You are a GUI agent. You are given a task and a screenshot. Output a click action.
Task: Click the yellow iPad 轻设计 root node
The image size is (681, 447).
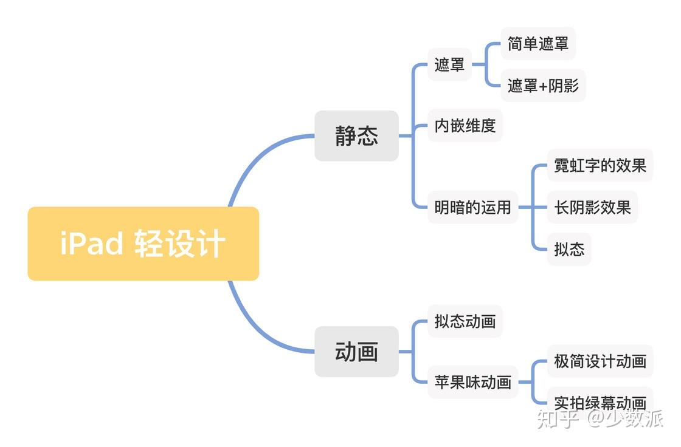click(143, 244)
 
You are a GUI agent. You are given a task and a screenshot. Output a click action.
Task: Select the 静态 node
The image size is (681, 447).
click(356, 136)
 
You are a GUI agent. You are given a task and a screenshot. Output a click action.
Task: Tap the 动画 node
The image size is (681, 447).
click(356, 351)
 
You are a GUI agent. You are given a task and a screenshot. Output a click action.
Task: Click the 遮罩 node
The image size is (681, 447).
click(450, 64)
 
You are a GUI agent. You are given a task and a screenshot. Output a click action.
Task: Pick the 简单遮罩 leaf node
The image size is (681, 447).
click(538, 44)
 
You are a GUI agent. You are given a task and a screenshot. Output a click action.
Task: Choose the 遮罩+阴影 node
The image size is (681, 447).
click(543, 86)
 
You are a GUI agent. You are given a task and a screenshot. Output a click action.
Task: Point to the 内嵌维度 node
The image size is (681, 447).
click(465, 125)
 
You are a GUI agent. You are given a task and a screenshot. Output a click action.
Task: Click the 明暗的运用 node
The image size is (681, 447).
click(472, 207)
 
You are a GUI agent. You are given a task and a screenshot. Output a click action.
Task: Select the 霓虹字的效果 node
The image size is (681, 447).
click(600, 165)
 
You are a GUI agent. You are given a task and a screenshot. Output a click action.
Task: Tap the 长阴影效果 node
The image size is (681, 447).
click(592, 207)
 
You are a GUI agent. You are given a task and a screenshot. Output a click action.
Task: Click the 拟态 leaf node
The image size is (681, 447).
click(569, 249)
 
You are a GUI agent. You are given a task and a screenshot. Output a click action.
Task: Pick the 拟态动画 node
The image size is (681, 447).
click(465, 321)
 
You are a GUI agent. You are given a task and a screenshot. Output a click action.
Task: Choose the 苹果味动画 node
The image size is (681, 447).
click(472, 382)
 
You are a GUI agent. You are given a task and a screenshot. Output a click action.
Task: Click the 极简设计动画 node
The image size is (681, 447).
click(600, 361)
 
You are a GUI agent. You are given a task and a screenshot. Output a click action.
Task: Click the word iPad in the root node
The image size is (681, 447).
click(91, 244)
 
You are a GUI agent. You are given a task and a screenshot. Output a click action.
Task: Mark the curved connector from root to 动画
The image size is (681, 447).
click(255, 332)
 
